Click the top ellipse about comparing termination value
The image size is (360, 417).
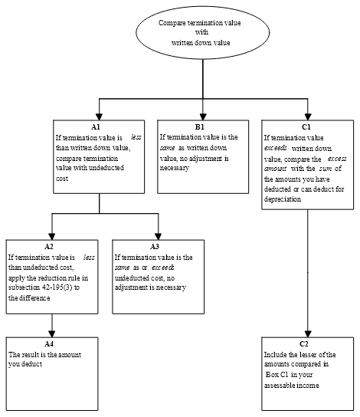(x=203, y=32)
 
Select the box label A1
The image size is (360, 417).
(x=96, y=127)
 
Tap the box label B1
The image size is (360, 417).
(x=200, y=127)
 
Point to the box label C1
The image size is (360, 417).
(x=306, y=127)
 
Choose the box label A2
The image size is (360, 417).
(x=49, y=247)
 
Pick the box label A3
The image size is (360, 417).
(x=155, y=247)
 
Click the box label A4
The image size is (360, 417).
(x=49, y=344)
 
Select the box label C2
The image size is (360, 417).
(x=304, y=344)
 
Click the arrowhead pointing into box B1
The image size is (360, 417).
(x=203, y=117)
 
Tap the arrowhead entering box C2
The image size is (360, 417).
(x=308, y=334)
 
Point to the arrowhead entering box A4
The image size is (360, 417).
(x=52, y=334)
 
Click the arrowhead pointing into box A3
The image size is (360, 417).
(x=159, y=237)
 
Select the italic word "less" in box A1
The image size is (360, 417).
(x=136, y=137)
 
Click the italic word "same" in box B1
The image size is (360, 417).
(x=168, y=148)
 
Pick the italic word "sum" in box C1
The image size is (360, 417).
(x=326, y=169)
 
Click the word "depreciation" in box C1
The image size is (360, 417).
(x=283, y=199)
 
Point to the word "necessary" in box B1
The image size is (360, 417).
(x=175, y=169)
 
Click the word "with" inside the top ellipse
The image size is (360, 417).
(x=202, y=32)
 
